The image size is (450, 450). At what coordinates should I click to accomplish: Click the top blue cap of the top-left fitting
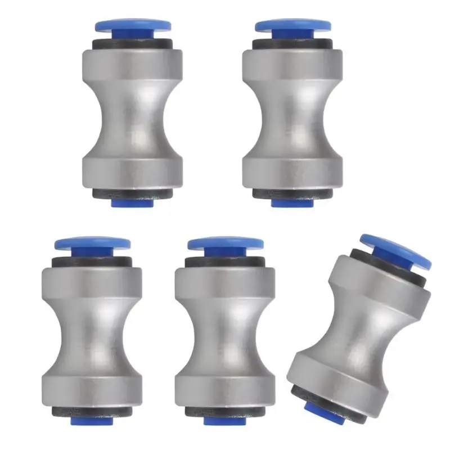133,25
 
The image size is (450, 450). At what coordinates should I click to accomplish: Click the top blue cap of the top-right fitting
292,25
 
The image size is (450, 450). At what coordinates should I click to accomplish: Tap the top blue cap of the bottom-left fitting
92,244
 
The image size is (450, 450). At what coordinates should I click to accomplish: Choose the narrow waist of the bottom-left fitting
91,332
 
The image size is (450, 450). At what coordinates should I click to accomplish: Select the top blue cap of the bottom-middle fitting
226,244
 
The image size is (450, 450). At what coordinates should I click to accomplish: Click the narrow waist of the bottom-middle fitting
225,332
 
